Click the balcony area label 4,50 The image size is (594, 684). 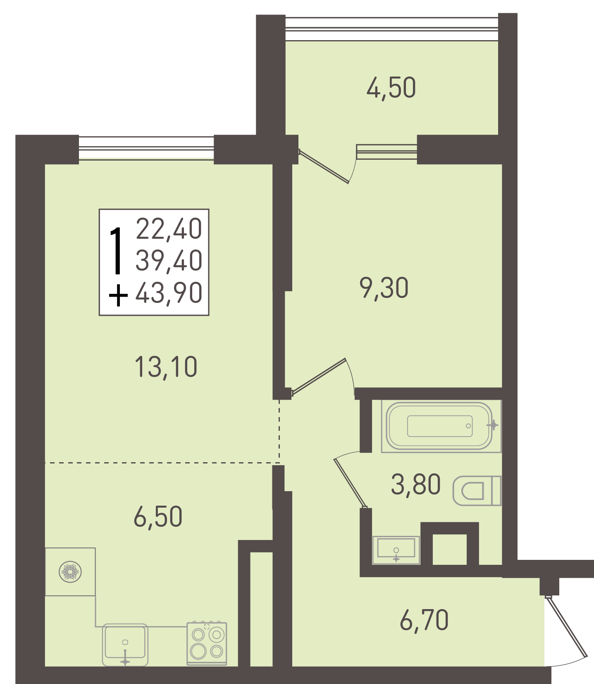[x=391, y=88]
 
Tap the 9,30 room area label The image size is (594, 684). [x=384, y=288]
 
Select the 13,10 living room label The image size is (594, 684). [x=166, y=367]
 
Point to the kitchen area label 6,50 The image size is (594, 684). [x=158, y=517]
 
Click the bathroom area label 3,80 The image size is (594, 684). [x=416, y=485]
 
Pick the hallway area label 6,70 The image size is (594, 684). [x=424, y=620]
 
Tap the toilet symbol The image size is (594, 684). [x=477, y=491]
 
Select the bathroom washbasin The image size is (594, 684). [x=396, y=550]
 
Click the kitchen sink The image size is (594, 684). [x=125, y=645]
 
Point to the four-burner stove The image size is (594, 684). [x=207, y=643]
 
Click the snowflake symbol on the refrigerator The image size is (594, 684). [x=70, y=572]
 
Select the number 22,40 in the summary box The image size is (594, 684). [x=169, y=228]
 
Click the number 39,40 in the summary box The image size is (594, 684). [x=169, y=260]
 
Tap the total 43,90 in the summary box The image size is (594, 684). [x=169, y=293]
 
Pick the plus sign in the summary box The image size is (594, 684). [x=118, y=295]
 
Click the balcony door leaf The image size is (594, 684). [x=324, y=166]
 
